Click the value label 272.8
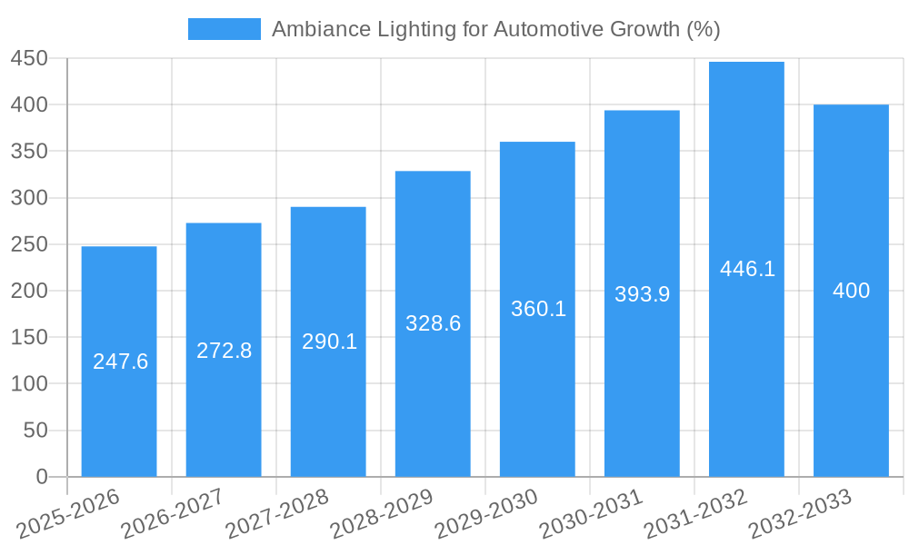click(224, 351)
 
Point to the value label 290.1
click(329, 342)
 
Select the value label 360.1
click(538, 309)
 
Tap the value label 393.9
click(642, 294)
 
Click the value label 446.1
click(747, 269)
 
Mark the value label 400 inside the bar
click(851, 291)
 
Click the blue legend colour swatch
click(224, 29)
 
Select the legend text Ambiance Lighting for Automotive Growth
click(495, 29)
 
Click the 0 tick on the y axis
click(42, 477)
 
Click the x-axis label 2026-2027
click(173, 513)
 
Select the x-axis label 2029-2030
click(486, 513)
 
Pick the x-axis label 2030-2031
click(591, 513)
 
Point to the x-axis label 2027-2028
click(277, 513)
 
